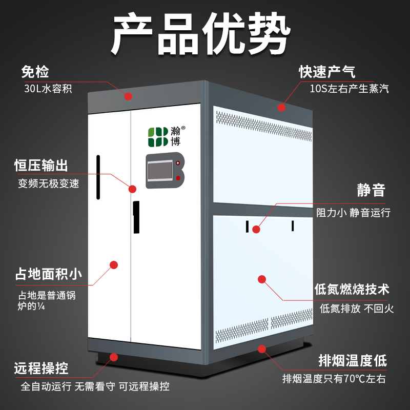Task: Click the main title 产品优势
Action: [201, 33]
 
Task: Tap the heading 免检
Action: [35, 72]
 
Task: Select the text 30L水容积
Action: [48, 89]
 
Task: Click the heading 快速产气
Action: [327, 72]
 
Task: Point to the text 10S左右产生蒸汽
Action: [350, 89]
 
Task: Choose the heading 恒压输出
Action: [41, 166]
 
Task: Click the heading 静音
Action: [371, 190]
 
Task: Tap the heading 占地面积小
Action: [49, 274]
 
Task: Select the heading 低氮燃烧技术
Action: [352, 289]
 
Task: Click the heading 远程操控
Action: [41, 368]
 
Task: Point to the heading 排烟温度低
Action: [353, 361]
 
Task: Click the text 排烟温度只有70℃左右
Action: [334, 379]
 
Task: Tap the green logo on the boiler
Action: [158, 137]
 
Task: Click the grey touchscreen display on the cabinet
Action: [160, 171]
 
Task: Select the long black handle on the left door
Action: [98, 177]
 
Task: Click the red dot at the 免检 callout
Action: [128, 96]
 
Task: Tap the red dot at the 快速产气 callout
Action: [281, 107]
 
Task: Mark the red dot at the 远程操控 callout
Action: [114, 357]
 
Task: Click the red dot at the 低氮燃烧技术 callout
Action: [262, 279]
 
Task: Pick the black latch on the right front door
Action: [136, 217]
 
